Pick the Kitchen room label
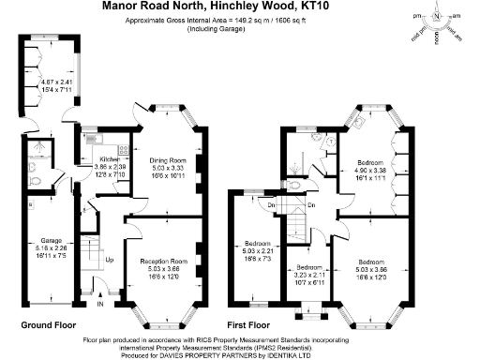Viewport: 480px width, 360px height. pyautogui.click(x=112, y=160)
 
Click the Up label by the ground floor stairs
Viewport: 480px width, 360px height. pyautogui.click(x=110, y=260)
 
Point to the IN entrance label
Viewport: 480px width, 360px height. pyautogui.click(x=100, y=304)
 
